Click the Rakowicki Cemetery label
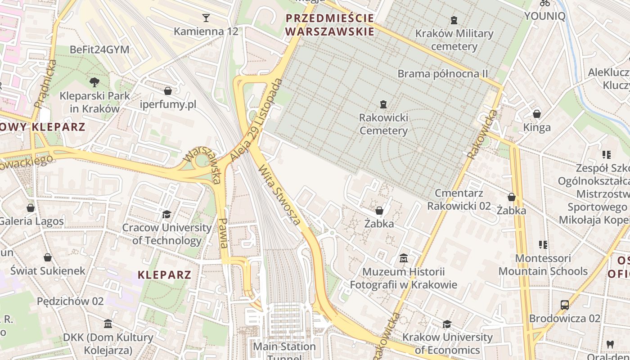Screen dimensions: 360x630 coord(383,124)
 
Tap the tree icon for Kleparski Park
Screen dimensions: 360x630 coord(94,82)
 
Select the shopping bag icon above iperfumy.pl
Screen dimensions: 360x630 coord(168,91)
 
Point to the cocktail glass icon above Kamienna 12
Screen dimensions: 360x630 coord(206,18)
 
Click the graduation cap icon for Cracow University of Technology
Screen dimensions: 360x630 coord(167,214)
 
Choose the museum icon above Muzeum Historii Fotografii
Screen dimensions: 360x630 coord(404,258)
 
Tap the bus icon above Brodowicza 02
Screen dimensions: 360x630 coord(565,305)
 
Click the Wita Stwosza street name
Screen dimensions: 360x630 coord(280,195)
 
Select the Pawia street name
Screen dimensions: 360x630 coord(224,233)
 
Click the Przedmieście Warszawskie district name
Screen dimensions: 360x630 coord(330,25)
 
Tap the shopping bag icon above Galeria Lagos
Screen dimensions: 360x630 coord(31,207)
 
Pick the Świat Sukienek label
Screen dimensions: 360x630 coord(48,270)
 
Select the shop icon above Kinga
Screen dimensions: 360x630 coord(537,113)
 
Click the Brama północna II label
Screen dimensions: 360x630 coord(443,73)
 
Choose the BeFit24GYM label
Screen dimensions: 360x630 coord(99,49)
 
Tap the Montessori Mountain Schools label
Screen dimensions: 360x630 coord(543,265)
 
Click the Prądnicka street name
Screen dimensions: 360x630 coord(45,84)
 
